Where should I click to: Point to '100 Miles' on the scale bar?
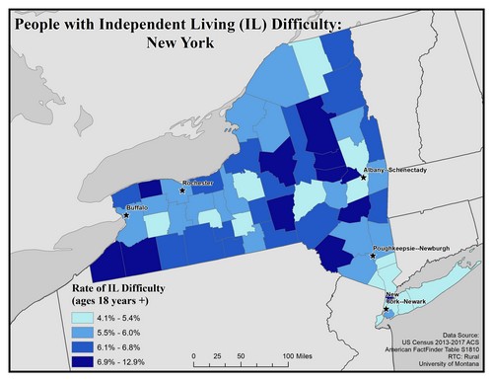click(x=305, y=355)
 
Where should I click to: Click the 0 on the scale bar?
click(x=194, y=355)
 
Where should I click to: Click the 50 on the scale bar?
click(x=243, y=355)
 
